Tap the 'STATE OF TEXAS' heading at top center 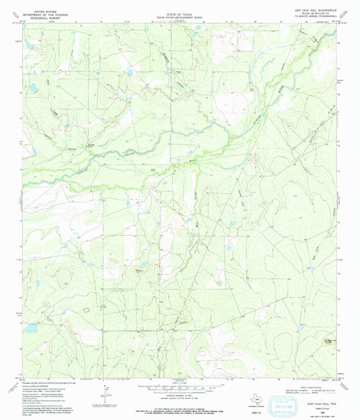point(179,3)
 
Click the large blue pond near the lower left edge point(30,328)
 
